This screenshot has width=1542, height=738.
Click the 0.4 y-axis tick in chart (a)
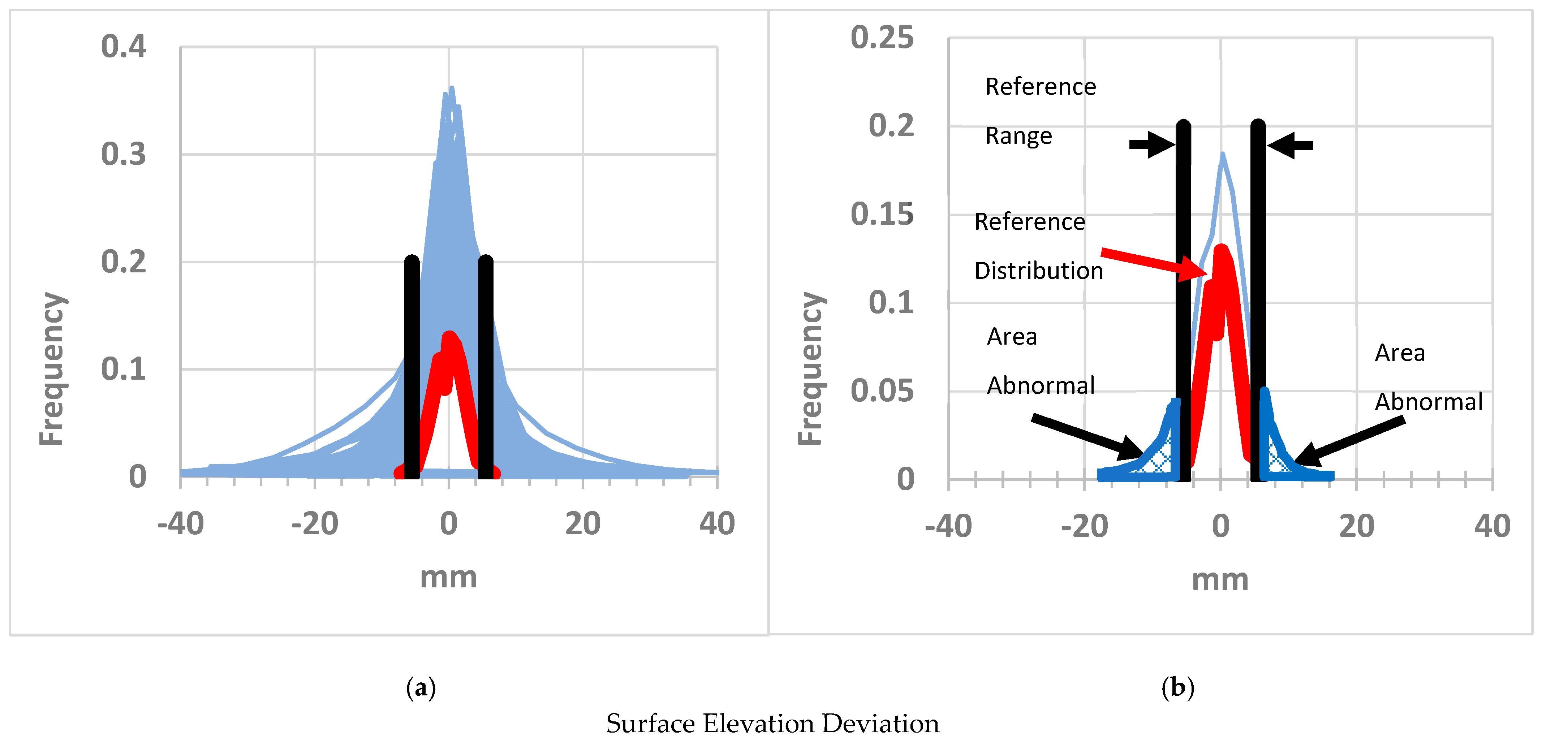pos(123,47)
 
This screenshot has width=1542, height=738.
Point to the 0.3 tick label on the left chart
pos(123,154)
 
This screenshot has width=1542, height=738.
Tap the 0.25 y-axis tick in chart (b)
pos(882,38)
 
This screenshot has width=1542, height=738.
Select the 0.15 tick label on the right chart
pos(882,214)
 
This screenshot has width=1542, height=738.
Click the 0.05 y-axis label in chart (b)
pos(882,391)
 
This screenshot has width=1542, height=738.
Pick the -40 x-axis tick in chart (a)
pos(180,524)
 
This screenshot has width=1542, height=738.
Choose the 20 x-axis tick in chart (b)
pos(1356,526)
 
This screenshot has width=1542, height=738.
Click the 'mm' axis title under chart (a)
pos(448,577)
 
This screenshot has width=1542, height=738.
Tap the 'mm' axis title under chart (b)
pos(1220,579)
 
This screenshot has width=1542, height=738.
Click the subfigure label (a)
pos(421,688)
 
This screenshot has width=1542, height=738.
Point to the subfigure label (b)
pos(1177,688)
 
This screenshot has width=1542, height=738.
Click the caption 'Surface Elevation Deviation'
pos(772,723)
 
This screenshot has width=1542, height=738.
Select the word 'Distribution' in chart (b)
pos(1039,271)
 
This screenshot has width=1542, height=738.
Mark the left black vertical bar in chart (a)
pos(412,368)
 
